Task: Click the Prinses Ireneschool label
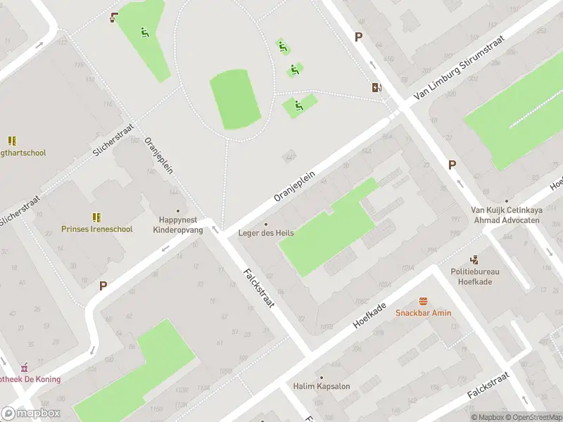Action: (96, 229)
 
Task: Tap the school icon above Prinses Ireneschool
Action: (96, 217)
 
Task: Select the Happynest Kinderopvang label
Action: (177, 224)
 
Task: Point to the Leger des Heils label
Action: (265, 234)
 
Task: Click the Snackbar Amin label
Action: (423, 313)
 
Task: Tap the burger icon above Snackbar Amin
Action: (423, 301)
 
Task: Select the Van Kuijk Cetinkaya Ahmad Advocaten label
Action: (506, 215)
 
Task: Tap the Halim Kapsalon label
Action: (321, 386)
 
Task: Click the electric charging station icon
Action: (378, 88)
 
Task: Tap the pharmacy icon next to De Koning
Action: (25, 367)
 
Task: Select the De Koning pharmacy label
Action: (30, 379)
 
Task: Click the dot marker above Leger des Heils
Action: (265, 224)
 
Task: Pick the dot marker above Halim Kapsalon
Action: (321, 377)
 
